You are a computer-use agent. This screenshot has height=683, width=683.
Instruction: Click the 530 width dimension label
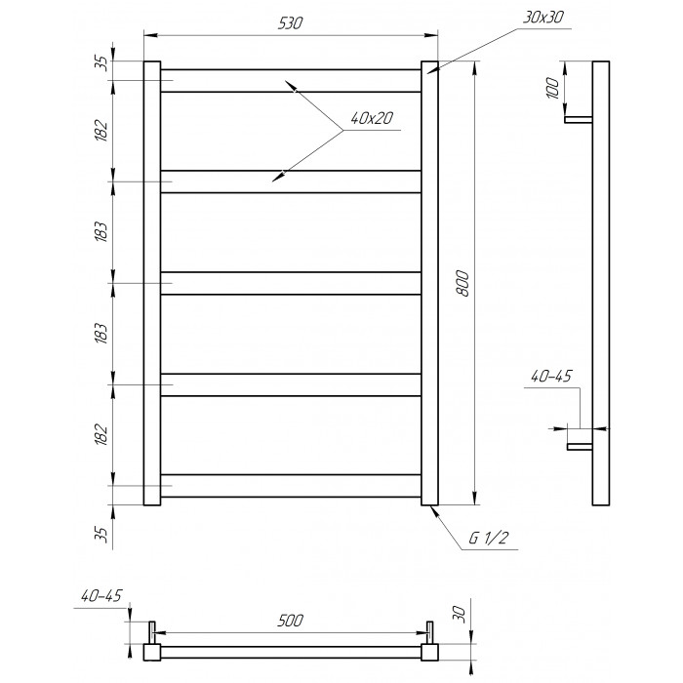(290, 23)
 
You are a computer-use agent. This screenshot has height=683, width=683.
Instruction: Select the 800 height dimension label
(464, 284)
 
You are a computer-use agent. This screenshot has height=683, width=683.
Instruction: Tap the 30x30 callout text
(543, 18)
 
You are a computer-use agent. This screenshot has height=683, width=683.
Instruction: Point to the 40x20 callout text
(372, 118)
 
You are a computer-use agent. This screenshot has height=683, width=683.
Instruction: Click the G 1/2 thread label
(488, 539)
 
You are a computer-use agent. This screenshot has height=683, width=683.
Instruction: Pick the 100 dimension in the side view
(552, 88)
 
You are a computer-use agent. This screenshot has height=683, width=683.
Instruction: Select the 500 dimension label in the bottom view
(290, 621)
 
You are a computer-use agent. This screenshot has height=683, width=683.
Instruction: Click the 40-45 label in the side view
(550, 376)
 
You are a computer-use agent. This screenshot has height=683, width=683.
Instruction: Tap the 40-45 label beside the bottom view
(101, 595)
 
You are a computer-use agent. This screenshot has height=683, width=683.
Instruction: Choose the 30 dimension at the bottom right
(462, 614)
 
